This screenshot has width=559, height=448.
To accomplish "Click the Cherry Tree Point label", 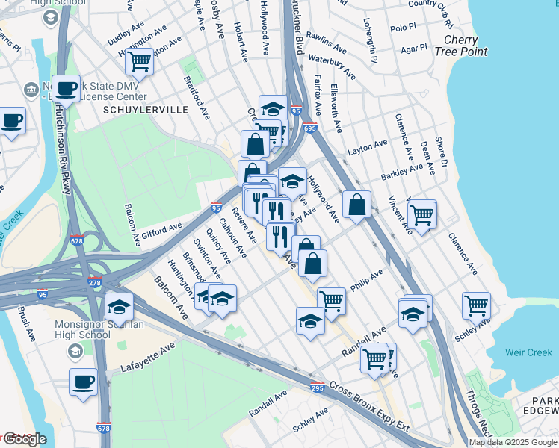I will pyautogui.click(x=465, y=46).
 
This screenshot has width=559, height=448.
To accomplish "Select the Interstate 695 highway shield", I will pyautogui.click(x=311, y=128).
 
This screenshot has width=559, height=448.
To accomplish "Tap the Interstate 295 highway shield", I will pyautogui.click(x=317, y=387).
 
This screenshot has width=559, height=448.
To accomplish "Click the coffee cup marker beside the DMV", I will pyautogui.click(x=66, y=87).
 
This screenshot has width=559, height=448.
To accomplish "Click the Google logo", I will pyautogui.click(x=24, y=439).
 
